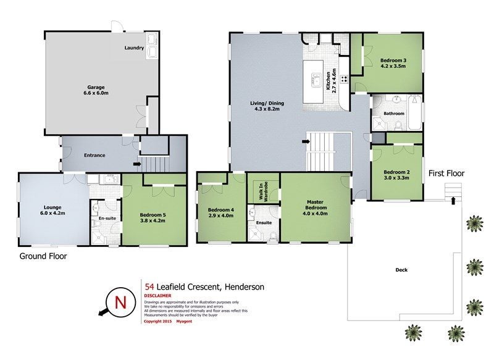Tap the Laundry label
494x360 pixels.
click(x=134, y=48)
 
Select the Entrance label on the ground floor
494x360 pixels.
click(x=94, y=155)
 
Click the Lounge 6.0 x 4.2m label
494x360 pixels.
click(x=52, y=210)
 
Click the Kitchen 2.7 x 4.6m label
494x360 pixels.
click(x=331, y=81)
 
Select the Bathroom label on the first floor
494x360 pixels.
click(x=394, y=114)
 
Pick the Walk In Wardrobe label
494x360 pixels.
click(x=264, y=191)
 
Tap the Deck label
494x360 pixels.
click(x=401, y=270)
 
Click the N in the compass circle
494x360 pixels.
click(x=120, y=303)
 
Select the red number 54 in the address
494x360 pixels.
click(x=149, y=287)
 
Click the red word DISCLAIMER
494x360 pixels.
click(x=157, y=296)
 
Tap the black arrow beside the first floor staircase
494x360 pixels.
click(x=306, y=141)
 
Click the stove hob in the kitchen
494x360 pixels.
click(x=344, y=79)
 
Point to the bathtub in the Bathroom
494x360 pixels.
click(x=414, y=113)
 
